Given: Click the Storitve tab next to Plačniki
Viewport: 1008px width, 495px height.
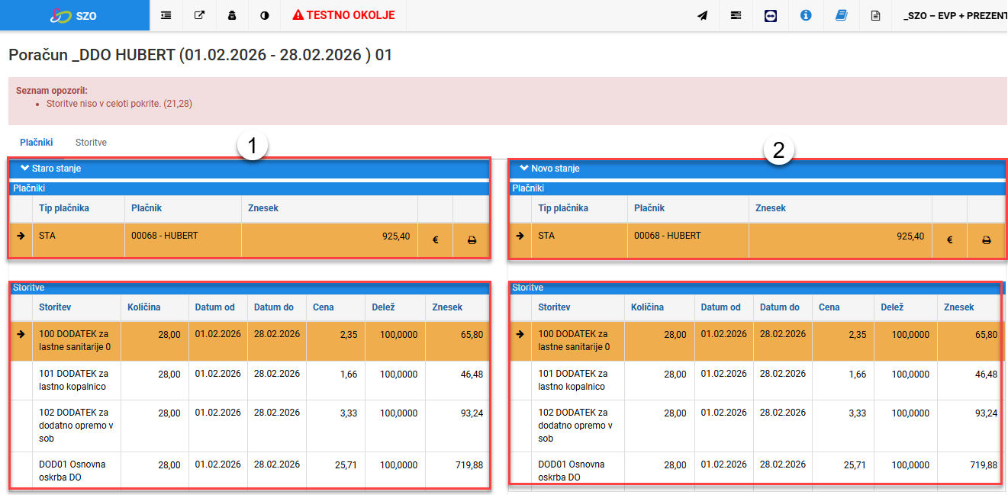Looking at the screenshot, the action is point(91,143).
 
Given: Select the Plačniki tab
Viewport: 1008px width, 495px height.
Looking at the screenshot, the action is point(37,143).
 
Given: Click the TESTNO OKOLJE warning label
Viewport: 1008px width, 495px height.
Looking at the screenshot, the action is point(343,15).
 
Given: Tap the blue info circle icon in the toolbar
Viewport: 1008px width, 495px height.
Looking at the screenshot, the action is point(806,15).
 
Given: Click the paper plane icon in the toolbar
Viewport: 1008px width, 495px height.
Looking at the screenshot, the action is point(703,16).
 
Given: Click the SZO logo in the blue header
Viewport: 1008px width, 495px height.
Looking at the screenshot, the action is point(74,16).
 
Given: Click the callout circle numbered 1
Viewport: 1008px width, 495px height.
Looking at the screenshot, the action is point(252,146).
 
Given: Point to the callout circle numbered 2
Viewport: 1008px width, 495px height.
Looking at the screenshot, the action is point(778,149).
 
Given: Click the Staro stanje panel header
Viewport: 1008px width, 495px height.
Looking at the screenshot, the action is point(250,169).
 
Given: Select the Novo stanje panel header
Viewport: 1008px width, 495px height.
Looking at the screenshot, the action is point(757,169).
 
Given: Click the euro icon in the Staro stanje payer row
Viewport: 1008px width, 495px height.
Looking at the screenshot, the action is point(435,239).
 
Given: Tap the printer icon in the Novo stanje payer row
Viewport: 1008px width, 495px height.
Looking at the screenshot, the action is point(986,240).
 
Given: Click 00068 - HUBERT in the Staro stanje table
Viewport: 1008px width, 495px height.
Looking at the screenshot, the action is point(164,236).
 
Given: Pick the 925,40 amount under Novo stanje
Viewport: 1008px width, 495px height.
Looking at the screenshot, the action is point(910,236).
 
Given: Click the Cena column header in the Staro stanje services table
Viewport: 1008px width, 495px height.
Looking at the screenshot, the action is point(323,307).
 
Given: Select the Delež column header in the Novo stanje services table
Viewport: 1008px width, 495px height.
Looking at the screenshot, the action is point(892,307).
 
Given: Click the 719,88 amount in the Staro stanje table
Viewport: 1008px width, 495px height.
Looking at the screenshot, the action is point(469,464).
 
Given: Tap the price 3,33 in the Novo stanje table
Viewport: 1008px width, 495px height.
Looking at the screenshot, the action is point(857,413).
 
